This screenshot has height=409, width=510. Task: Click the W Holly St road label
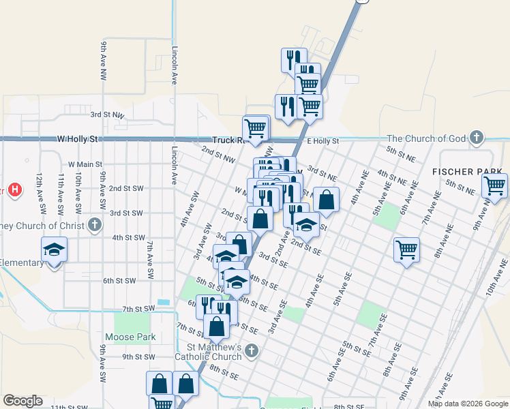(78, 138)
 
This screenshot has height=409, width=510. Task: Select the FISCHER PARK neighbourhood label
(467, 170)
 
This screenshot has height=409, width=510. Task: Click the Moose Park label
(130, 337)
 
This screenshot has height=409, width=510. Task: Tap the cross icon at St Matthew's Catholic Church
(252, 352)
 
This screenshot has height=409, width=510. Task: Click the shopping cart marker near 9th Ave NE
(494, 185)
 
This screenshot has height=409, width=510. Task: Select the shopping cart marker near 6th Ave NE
(406, 249)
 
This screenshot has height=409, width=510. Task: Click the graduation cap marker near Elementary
(54, 249)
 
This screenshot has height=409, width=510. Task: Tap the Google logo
(22, 401)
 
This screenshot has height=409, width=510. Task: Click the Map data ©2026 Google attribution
(468, 404)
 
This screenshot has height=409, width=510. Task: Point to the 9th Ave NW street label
(104, 57)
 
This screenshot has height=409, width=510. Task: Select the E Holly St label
(322, 141)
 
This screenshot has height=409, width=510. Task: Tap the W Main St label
(85, 164)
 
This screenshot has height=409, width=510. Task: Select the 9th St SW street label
(138, 357)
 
